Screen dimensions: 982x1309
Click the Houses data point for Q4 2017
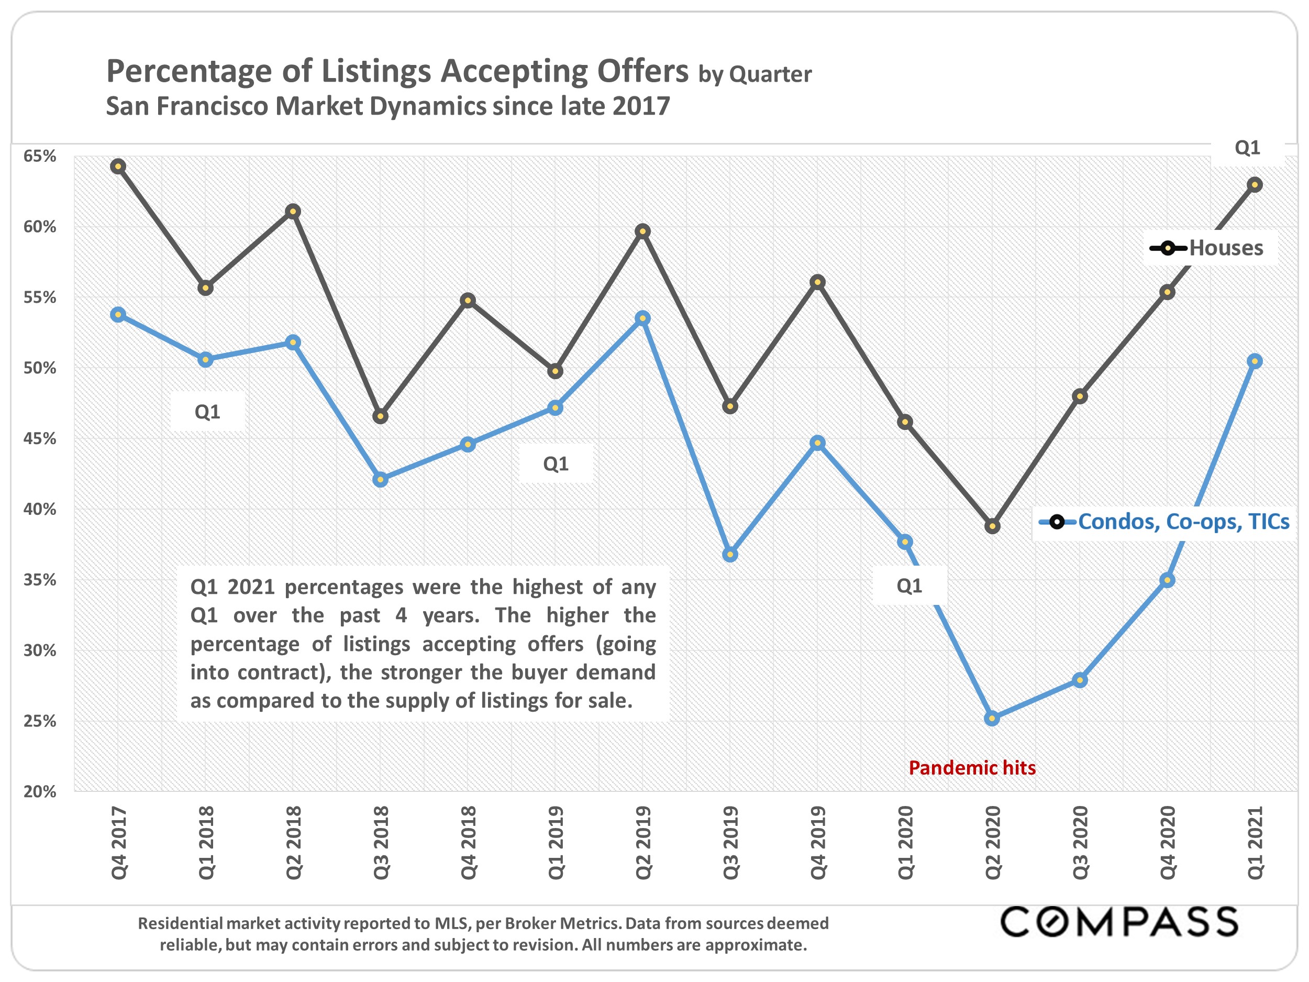tap(118, 167)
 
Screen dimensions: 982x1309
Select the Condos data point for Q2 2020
tap(992, 719)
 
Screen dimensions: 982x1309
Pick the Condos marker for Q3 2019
tap(730, 555)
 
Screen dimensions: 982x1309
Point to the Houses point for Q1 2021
tap(1255, 185)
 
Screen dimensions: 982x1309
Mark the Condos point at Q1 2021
tap(1255, 361)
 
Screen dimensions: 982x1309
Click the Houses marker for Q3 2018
tap(381, 416)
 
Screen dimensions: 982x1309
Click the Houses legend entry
tap(1226, 248)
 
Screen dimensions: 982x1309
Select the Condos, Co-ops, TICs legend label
tap(1183, 522)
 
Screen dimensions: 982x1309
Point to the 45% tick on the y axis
tap(40, 438)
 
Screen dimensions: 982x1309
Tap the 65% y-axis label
tap(40, 156)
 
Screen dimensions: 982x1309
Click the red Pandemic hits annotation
tap(972, 768)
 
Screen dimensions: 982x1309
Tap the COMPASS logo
tap(1118, 922)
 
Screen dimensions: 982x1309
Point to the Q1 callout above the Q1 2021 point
tap(1247, 147)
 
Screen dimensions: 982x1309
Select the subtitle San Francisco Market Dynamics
tap(387, 106)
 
